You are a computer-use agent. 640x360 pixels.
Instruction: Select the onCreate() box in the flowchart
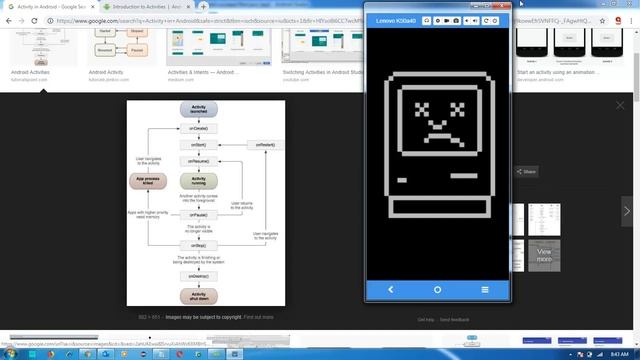tap(199, 131)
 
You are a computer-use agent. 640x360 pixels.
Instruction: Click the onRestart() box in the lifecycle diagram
tap(264, 146)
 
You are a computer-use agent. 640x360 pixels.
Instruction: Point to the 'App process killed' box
tap(146, 181)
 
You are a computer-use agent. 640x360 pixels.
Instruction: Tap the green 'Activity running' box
tap(199, 181)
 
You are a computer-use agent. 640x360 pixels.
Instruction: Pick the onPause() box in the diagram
tap(199, 214)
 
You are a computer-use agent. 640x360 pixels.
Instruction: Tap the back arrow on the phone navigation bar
tap(391, 290)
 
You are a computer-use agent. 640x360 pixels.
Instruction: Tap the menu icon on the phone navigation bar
tap(485, 290)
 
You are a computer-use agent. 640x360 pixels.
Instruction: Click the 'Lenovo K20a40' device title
tap(396, 21)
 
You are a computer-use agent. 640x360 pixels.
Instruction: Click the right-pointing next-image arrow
tap(627, 211)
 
